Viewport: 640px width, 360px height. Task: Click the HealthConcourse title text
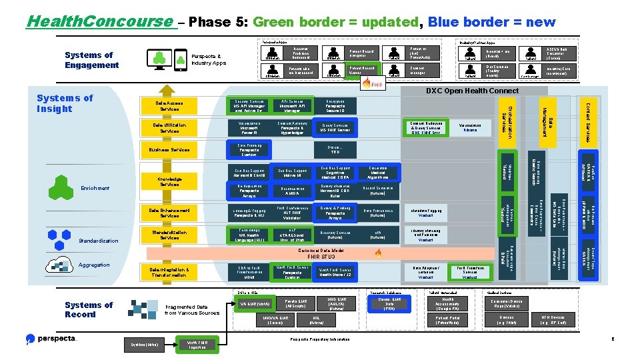coord(98,21)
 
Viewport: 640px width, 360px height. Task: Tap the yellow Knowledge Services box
coord(171,181)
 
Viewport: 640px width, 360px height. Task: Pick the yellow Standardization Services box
coord(171,235)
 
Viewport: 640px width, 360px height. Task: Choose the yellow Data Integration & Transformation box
coord(171,272)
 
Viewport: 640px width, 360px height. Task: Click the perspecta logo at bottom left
coord(51,339)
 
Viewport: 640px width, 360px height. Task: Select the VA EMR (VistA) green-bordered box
coord(254,305)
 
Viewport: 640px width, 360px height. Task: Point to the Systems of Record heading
coord(89,309)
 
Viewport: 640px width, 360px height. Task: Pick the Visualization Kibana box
coord(470,127)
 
